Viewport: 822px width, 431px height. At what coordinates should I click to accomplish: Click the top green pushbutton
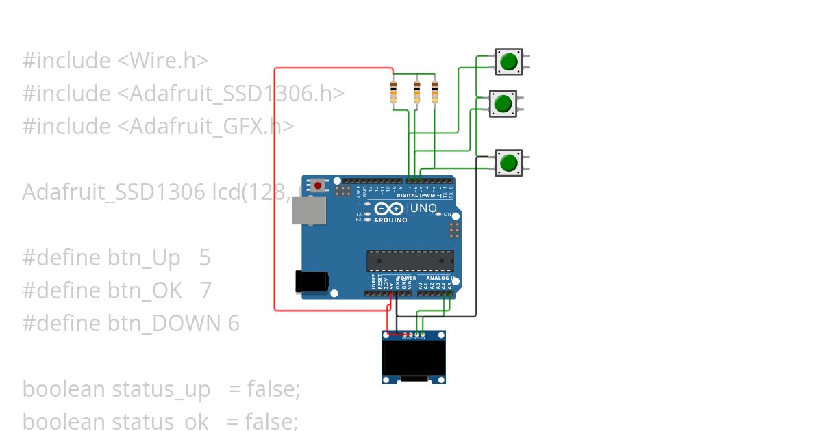(x=508, y=62)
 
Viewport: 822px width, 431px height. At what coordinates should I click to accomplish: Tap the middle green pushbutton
(x=503, y=103)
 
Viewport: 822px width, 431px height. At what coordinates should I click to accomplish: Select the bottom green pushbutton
(x=508, y=163)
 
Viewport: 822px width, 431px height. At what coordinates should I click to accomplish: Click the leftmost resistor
(x=393, y=92)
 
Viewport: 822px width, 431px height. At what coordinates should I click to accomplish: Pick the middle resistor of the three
(x=416, y=92)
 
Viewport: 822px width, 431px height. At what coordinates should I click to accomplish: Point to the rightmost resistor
(x=434, y=92)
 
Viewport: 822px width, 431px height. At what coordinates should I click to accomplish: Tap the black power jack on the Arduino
(x=310, y=281)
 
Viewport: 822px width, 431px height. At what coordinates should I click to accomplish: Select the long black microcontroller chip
(x=410, y=261)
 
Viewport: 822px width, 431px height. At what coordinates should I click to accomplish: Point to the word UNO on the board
(x=423, y=208)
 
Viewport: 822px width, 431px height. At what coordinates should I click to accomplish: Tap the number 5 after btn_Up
(x=205, y=258)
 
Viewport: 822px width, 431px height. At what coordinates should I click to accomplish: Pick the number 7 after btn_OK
(x=206, y=291)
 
